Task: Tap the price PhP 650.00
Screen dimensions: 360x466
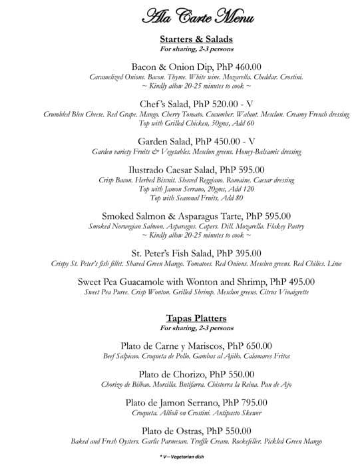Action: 250,346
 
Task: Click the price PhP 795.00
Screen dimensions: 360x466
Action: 245,402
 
